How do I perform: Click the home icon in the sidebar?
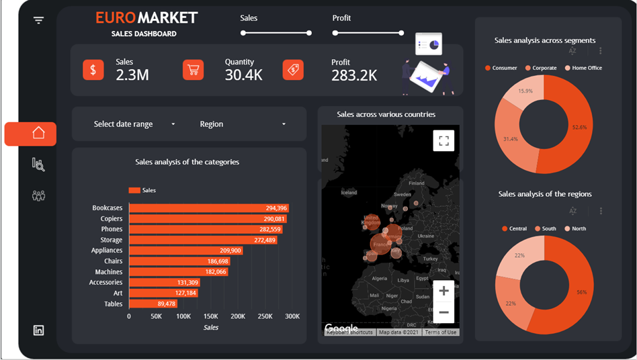[x=38, y=134]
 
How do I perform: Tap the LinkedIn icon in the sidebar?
[x=38, y=330]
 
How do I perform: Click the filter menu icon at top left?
[x=38, y=20]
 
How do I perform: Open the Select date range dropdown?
[x=134, y=124]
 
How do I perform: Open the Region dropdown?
[x=242, y=124]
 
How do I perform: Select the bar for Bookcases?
[x=208, y=208]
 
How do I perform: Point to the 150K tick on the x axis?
[x=210, y=316]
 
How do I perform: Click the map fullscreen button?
[x=443, y=140]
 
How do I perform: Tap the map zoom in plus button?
[x=443, y=291]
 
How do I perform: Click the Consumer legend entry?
[x=501, y=68]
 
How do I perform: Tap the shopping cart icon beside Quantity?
[x=193, y=70]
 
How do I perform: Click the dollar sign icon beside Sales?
[x=93, y=70]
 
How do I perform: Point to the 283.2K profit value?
[x=354, y=76]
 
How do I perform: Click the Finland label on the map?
[x=417, y=183]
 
